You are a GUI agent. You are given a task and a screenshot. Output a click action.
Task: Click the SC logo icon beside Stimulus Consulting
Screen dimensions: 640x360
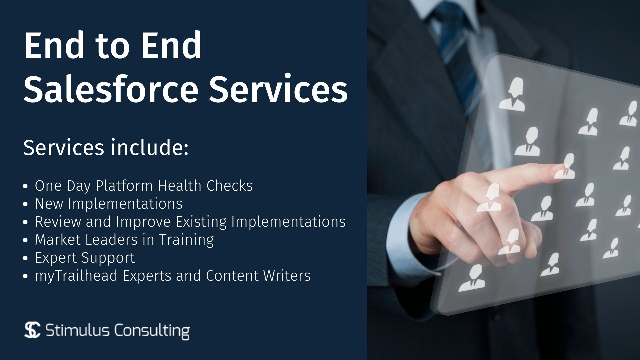[32, 330]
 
